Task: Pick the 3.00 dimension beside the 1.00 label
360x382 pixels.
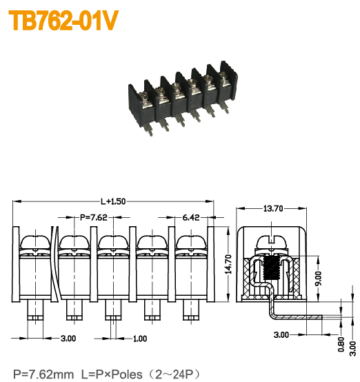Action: tap(68, 339)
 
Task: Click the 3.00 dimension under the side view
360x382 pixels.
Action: tap(281, 334)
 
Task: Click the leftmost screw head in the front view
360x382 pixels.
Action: tap(34, 243)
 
